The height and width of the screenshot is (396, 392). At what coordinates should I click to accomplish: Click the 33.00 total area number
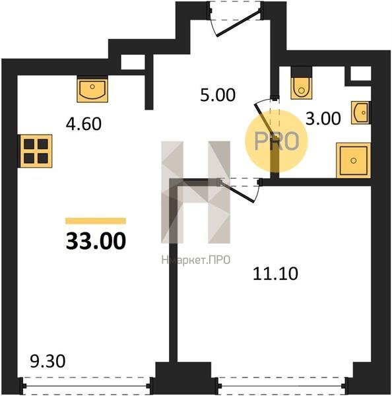point(96,241)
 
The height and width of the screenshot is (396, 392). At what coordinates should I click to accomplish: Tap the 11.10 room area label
point(275,273)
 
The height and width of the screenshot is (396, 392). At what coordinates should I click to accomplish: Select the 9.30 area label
point(48,361)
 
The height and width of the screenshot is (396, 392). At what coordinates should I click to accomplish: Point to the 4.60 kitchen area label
point(84,124)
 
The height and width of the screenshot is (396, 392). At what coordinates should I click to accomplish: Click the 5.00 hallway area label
point(218,95)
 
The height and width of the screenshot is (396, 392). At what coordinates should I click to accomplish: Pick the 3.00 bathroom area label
point(323,118)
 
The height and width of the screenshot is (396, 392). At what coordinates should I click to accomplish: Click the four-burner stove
point(36,151)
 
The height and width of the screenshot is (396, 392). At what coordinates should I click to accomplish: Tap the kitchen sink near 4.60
point(92,89)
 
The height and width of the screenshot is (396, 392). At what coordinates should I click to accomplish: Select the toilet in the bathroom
point(302,83)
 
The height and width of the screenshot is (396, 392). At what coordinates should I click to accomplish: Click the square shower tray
point(354,160)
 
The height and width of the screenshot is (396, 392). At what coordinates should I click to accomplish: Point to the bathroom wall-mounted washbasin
point(361,113)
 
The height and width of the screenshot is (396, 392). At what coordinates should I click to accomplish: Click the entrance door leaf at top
point(238,23)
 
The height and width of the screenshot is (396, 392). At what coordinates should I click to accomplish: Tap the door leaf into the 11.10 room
point(237,191)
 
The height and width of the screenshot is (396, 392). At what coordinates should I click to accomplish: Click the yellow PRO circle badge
point(277,141)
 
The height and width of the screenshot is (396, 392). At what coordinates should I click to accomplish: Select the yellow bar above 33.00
point(96,221)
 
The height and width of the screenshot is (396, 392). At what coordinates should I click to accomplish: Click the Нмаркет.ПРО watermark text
point(196,260)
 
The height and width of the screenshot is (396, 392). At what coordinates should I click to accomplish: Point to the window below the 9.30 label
point(86,385)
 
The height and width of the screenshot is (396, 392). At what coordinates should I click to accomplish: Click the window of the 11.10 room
point(281,385)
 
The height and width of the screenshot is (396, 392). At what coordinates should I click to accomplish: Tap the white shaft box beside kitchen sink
point(133,62)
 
